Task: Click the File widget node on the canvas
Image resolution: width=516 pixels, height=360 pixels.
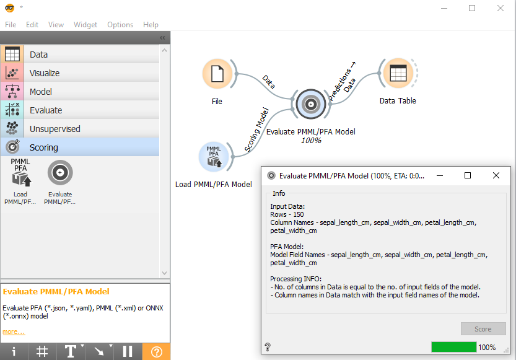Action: [x=217, y=74]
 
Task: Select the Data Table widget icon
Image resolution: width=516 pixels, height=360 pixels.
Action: [x=398, y=73]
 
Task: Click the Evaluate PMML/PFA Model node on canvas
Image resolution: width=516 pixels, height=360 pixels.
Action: [x=311, y=104]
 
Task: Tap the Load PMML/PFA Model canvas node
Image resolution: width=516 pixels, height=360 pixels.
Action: [x=214, y=157]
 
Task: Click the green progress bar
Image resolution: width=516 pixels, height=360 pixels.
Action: [x=454, y=347]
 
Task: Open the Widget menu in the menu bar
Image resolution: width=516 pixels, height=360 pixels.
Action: [x=85, y=25]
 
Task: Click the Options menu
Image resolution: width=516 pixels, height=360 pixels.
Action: [x=120, y=25]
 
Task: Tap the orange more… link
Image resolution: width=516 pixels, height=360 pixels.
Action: [x=14, y=331]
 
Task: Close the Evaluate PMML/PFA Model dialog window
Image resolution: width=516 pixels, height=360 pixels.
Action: [x=496, y=175]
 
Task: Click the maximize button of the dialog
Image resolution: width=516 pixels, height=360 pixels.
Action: [x=467, y=175]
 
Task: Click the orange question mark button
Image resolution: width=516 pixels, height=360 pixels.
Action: [x=156, y=352]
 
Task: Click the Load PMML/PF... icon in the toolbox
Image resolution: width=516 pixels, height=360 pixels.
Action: [x=20, y=182]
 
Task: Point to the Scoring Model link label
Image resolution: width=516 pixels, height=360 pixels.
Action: [x=256, y=130]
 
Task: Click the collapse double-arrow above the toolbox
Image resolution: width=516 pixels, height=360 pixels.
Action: [x=162, y=38]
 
